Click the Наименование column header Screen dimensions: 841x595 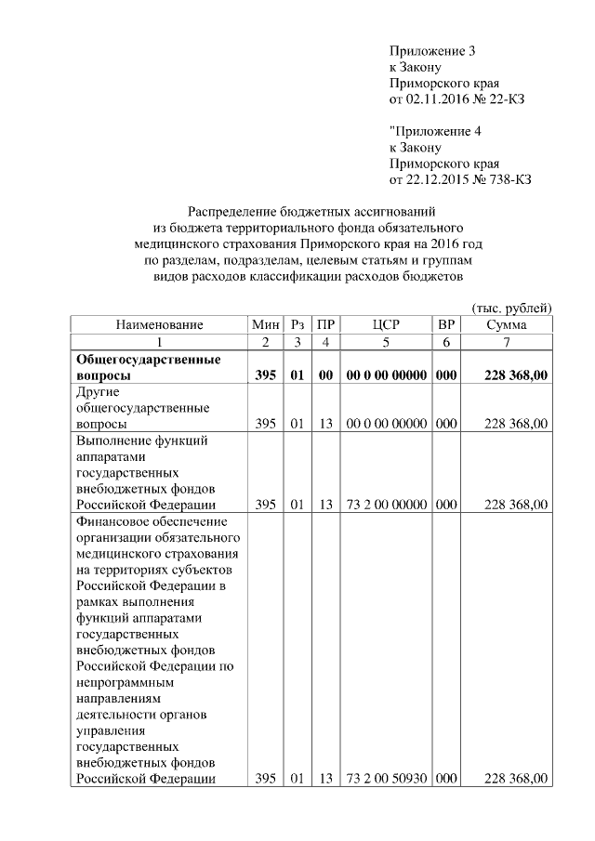tap(159, 325)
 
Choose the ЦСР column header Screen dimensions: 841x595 tap(385, 325)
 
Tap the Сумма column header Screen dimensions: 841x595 tap(507, 325)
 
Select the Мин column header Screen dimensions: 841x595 tap(265, 325)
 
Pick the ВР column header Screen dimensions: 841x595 tap(445, 325)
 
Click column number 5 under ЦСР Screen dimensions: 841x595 tap(385, 342)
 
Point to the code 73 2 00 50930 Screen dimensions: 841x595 tap(385, 778)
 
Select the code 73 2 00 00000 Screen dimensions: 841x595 tap(385, 505)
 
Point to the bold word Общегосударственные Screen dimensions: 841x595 tap(147, 359)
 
